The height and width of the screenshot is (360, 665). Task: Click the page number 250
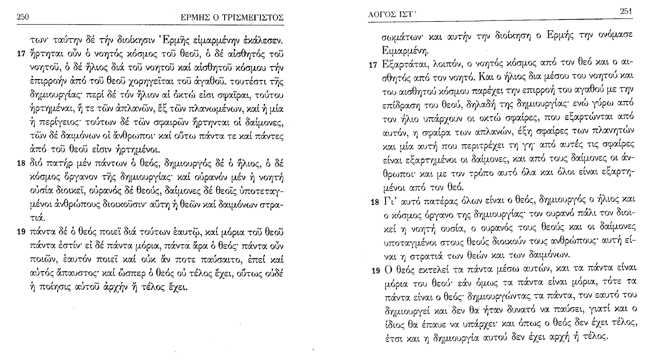pos(23,17)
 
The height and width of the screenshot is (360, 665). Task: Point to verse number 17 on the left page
pos(20,53)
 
